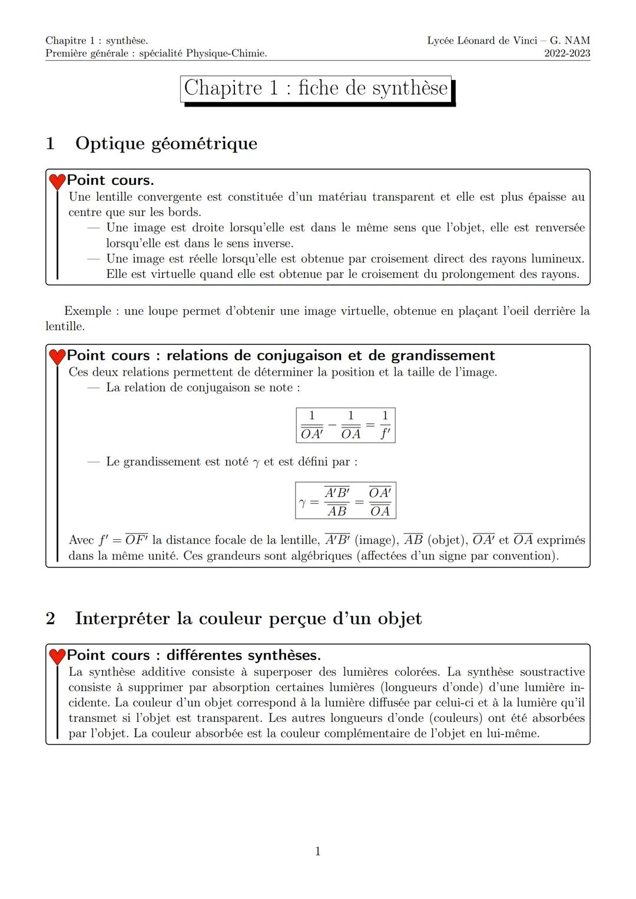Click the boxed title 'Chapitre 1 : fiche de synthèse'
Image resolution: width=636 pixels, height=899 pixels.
point(316,88)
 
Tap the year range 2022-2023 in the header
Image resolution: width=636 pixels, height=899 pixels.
point(567,54)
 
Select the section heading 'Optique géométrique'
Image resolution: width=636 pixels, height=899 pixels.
point(166,143)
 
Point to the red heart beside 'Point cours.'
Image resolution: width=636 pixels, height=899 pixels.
point(57,181)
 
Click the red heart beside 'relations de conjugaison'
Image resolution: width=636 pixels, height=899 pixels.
point(57,357)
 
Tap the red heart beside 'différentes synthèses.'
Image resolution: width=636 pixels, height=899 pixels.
point(57,656)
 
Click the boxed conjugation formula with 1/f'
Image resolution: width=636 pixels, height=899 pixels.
point(346,425)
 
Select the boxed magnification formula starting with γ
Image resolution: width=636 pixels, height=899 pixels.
point(346,501)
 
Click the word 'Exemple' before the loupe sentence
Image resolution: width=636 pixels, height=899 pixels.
point(88,311)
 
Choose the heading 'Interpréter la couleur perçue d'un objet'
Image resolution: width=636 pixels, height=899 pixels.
point(248,618)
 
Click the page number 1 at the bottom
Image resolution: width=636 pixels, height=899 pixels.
point(318,851)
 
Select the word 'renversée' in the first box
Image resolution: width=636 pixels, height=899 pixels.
point(559,228)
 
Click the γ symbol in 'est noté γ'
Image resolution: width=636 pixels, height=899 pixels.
point(256,463)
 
